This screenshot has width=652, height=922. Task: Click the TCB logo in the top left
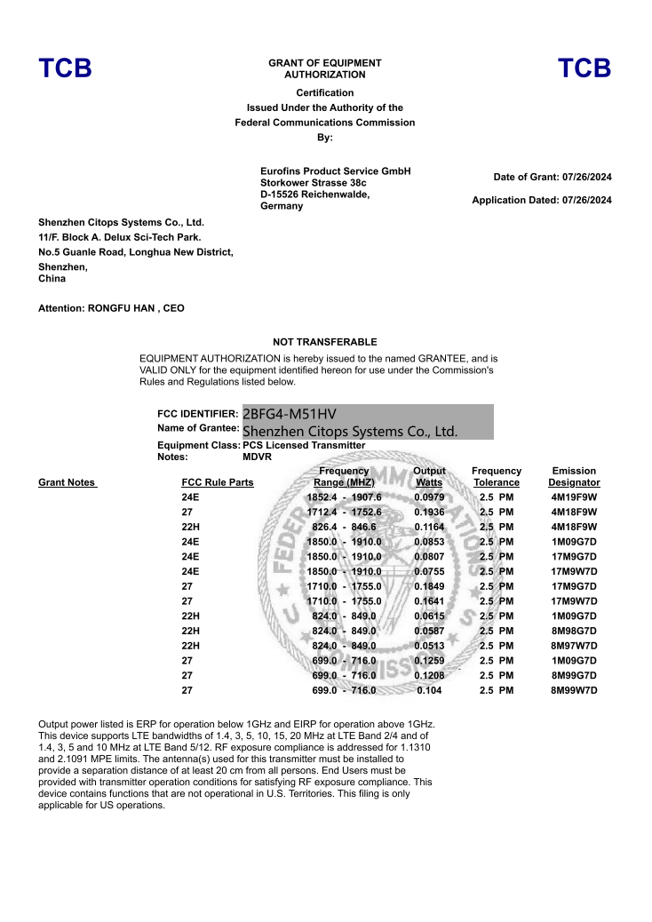click(x=65, y=68)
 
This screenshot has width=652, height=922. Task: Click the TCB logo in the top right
click(x=584, y=68)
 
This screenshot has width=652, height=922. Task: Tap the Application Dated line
click(x=542, y=201)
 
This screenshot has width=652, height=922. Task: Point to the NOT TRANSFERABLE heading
click(x=325, y=342)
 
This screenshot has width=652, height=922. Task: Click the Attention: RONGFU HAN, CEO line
click(x=111, y=308)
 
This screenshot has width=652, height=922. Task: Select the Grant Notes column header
click(x=67, y=483)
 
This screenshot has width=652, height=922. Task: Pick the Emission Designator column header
click(x=574, y=477)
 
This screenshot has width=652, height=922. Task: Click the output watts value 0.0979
click(x=429, y=497)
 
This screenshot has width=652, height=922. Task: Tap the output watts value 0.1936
click(x=429, y=513)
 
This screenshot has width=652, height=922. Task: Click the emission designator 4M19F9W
click(x=574, y=497)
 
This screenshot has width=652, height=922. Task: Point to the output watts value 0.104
click(x=429, y=690)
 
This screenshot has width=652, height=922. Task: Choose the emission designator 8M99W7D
click(x=574, y=690)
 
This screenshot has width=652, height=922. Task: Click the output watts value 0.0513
click(x=429, y=646)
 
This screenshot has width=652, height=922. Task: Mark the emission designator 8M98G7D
click(x=574, y=631)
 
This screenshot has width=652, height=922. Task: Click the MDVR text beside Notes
click(x=257, y=457)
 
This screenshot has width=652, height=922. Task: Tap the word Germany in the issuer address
click(x=282, y=206)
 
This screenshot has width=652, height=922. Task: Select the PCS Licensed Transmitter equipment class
click(x=304, y=445)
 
